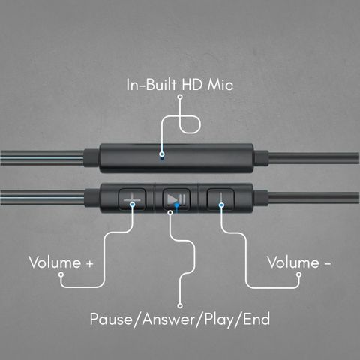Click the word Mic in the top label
pos(220,85)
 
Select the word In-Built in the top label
pos(151,84)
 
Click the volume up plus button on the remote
pos(132,199)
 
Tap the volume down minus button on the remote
pos(220,199)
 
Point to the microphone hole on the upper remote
pos(162,157)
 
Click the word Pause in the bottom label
pos(111,319)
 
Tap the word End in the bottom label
pos(256,319)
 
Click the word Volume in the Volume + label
pos(55,262)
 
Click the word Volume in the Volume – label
pos(293,262)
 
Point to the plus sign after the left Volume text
pos(89,264)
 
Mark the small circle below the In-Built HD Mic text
pos(180,97)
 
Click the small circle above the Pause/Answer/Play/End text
pos(180,305)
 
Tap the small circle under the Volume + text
pos(61,274)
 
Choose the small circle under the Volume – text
pos(298,274)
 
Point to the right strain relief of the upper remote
pos(262,158)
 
